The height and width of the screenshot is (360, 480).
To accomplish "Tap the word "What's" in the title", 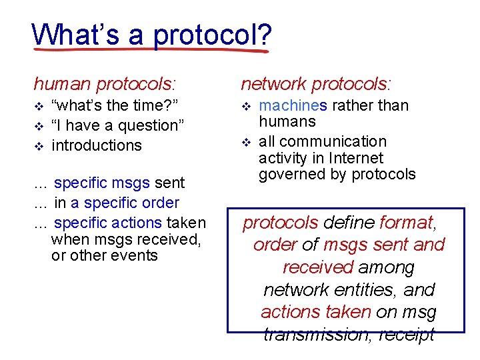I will tap(67, 33).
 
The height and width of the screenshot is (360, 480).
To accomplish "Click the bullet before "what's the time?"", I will tap(38, 106).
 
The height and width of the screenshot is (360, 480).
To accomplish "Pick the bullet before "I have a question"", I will tap(38, 126).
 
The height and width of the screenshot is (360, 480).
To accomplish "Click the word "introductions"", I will tap(96, 145).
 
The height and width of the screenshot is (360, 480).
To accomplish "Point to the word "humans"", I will tap(287, 121).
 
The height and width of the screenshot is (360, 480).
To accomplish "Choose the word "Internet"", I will tap(359, 158).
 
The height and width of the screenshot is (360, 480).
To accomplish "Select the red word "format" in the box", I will tap(406, 222).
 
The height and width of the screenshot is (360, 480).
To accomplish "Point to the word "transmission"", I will tap(313, 334).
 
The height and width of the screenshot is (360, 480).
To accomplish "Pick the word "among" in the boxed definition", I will tap(386, 267).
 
